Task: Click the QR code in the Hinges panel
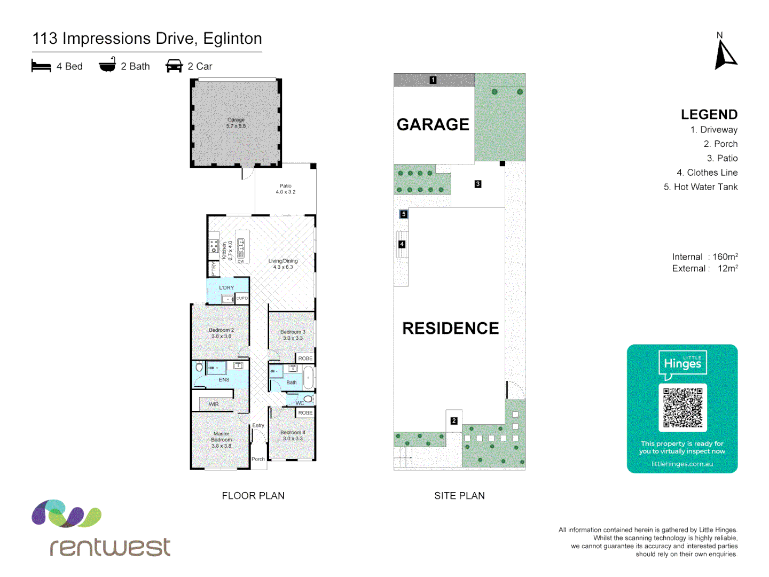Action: click(682, 408)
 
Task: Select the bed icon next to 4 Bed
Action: click(41, 66)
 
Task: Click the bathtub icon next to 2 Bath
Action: click(107, 65)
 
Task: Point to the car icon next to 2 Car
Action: click(174, 66)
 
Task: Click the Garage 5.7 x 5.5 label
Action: click(236, 123)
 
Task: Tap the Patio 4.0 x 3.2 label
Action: click(286, 189)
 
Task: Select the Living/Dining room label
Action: click(283, 264)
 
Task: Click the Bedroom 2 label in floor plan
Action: click(221, 333)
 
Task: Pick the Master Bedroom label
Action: click(221, 440)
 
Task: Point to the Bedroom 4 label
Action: click(293, 435)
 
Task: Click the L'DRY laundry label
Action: click(226, 287)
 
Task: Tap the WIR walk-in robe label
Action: click(214, 404)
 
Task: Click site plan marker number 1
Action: click(433, 80)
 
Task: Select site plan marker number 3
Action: click(478, 184)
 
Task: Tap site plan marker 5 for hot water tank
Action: click(404, 214)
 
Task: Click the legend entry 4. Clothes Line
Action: click(707, 173)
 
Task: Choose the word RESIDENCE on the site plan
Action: click(450, 328)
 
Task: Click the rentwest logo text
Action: click(110, 547)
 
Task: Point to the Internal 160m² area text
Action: click(705, 257)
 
